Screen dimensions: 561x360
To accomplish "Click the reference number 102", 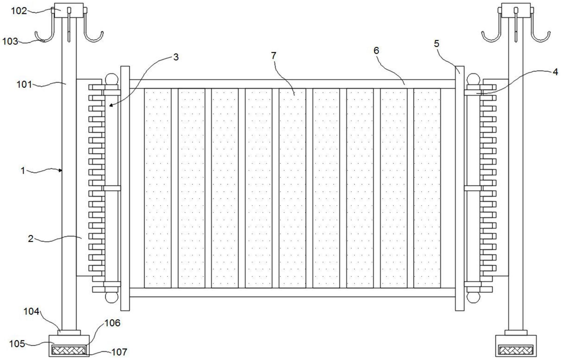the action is (x=19, y=11).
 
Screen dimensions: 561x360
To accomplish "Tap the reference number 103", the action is (x=10, y=41).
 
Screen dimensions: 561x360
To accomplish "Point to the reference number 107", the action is (x=119, y=352).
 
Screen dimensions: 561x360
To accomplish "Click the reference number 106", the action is (x=112, y=323).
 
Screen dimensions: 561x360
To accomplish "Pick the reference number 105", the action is (x=17, y=343).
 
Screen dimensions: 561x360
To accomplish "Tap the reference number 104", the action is (x=31, y=311).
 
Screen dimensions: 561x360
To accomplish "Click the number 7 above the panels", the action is (x=274, y=56).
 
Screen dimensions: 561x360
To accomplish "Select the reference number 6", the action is (x=376, y=50).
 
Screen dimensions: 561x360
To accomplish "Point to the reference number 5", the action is (x=436, y=44).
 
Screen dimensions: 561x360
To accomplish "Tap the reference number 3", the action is (x=176, y=57).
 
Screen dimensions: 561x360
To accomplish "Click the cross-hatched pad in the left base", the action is (x=69, y=350).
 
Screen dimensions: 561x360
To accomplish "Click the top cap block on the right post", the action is (x=516, y=10).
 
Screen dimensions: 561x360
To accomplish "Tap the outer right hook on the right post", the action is (x=541, y=36).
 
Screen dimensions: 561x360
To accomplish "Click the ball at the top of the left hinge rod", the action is (x=111, y=79).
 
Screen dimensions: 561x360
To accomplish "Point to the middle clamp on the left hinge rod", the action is (x=112, y=188).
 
